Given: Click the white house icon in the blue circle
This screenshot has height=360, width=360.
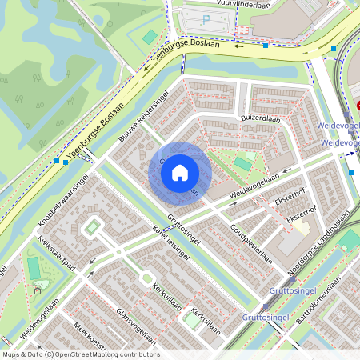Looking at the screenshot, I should [180, 173].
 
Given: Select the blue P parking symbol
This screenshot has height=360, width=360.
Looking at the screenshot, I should [206, 20].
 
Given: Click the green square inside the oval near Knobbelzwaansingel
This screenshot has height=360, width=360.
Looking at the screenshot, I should [92, 229].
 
